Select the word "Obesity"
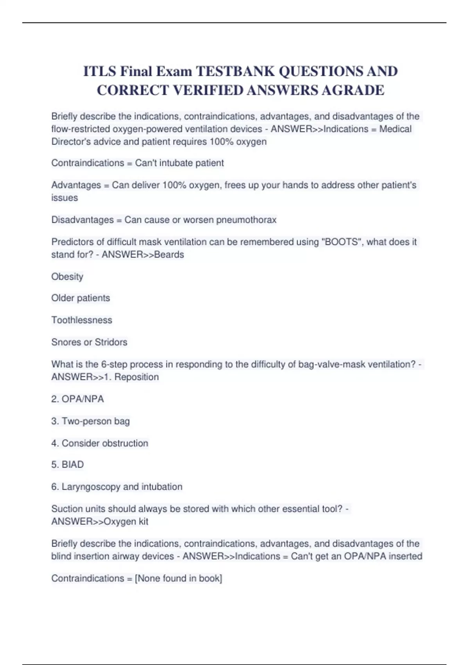tap(67, 277)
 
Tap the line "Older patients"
tap(81, 298)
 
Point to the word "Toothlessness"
tap(82, 320)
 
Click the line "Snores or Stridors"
tap(89, 342)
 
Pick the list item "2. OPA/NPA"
tap(77, 399)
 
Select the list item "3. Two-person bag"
tap(90, 421)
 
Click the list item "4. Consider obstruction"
tap(100, 443)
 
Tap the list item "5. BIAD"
tap(67, 465)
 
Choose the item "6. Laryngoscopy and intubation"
tap(116, 487)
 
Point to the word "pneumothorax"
tap(246, 220)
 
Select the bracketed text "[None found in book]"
tap(178, 578)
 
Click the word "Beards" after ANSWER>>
tap(169, 255)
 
